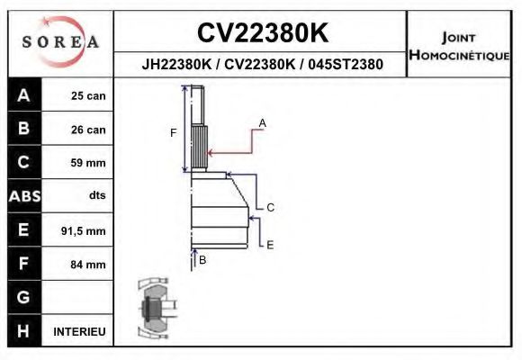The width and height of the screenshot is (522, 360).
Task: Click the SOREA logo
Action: [x=60, y=41]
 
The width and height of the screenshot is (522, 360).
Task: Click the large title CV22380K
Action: [x=262, y=33]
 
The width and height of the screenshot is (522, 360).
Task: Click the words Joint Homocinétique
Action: [x=460, y=47]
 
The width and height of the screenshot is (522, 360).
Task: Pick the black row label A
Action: [x=23, y=95]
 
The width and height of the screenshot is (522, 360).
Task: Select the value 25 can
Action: [x=88, y=96]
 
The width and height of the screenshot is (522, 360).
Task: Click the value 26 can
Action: [x=88, y=130]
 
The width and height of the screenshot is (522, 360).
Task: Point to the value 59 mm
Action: [x=88, y=163]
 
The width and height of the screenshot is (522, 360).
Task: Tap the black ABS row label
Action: [x=23, y=196]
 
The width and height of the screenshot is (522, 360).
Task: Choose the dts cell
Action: [x=96, y=196]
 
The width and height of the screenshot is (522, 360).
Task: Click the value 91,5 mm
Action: [x=83, y=231]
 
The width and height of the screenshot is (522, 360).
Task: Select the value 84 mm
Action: [x=88, y=265]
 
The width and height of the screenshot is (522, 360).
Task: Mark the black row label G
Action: [x=23, y=297]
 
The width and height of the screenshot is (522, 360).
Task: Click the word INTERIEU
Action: [x=79, y=331]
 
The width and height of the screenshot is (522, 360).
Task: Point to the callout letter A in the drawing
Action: [x=262, y=121]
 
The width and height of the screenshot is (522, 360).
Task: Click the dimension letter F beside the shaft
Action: [x=174, y=133]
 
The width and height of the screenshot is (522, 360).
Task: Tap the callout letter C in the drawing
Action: [x=270, y=207]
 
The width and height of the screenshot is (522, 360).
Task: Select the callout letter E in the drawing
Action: [x=270, y=244]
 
